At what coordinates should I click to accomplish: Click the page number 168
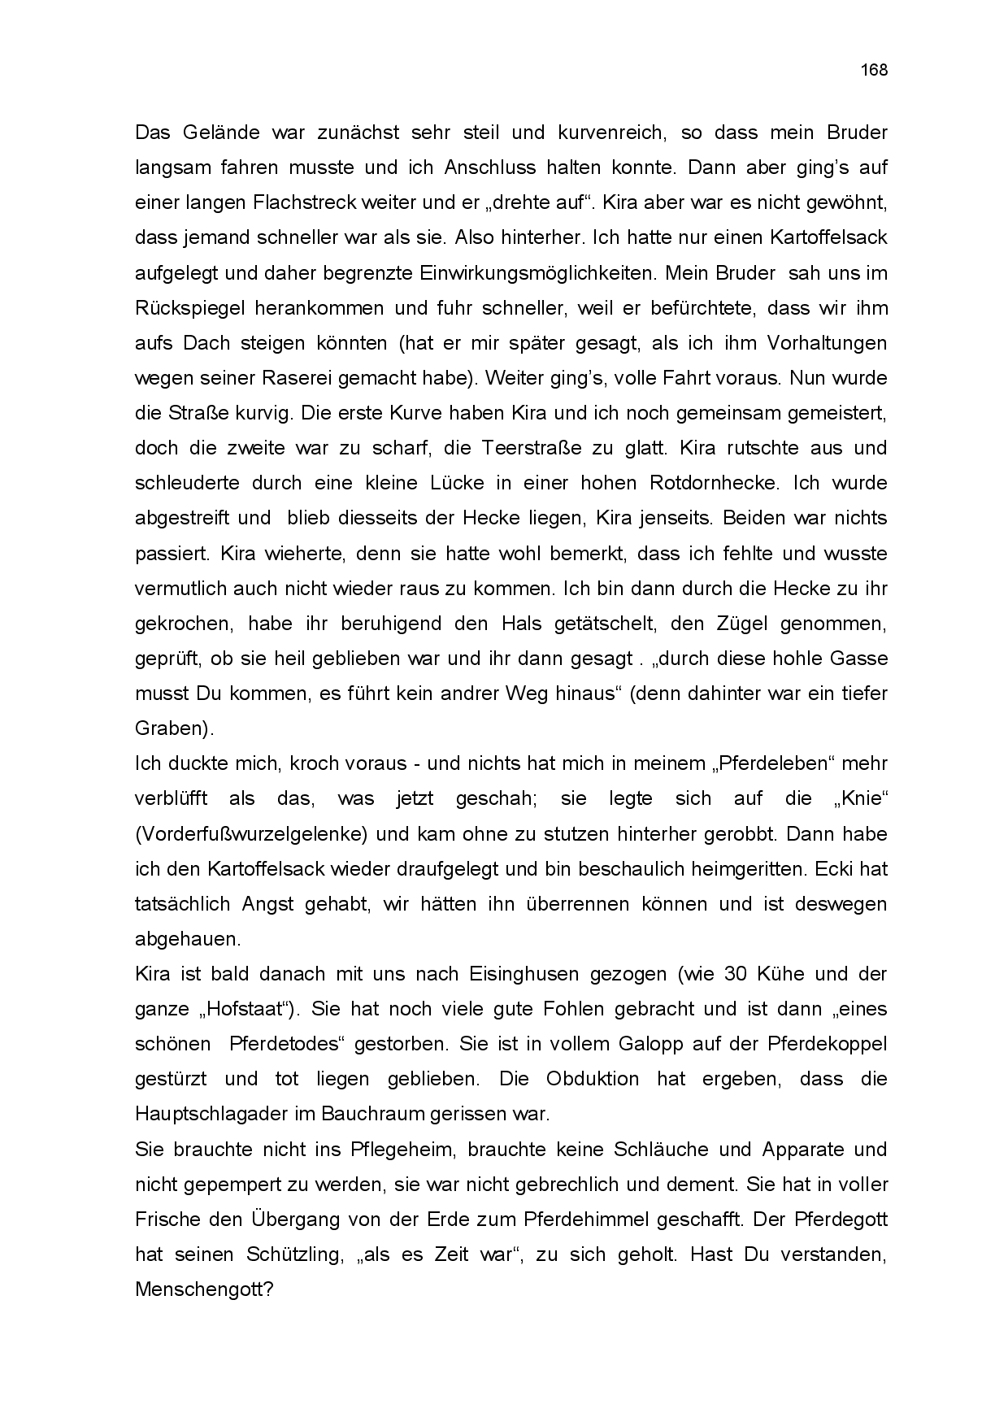(874, 70)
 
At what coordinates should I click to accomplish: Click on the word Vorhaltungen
(827, 343)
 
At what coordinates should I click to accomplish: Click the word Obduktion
(593, 1080)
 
